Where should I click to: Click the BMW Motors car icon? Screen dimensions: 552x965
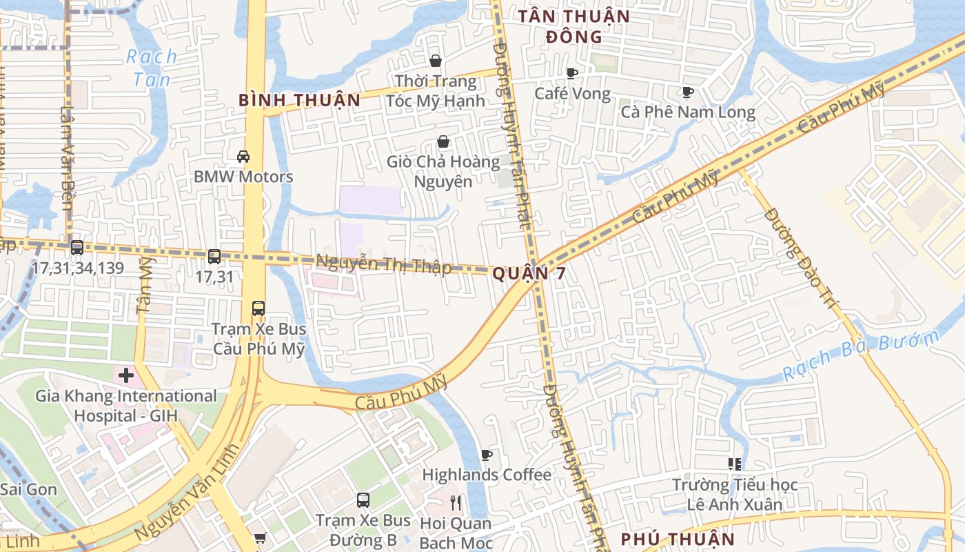(x=243, y=157)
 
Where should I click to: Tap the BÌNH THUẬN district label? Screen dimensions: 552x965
(x=299, y=100)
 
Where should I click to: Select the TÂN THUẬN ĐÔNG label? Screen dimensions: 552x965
(x=573, y=26)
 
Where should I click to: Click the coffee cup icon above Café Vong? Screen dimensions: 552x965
(x=571, y=73)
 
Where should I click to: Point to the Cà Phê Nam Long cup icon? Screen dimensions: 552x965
(x=687, y=92)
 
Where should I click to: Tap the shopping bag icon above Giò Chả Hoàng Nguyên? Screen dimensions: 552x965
(x=443, y=142)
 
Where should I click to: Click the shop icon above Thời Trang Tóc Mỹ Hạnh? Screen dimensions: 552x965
(x=435, y=61)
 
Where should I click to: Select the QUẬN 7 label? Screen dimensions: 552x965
(x=529, y=274)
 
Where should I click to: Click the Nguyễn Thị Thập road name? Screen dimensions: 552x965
(x=383, y=264)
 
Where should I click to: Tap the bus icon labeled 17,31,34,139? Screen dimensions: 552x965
(x=77, y=247)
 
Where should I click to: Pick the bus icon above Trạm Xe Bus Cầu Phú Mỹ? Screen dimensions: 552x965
(x=258, y=308)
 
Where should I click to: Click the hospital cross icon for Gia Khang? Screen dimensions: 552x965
(x=125, y=376)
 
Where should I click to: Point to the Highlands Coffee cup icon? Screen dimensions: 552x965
(x=487, y=455)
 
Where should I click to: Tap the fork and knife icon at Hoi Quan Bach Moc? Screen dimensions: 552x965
(x=455, y=502)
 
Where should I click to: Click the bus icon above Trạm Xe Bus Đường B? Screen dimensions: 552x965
(x=363, y=500)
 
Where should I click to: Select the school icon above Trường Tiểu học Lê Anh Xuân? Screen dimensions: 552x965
(x=735, y=464)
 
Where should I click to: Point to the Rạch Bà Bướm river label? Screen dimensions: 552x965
(x=862, y=356)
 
